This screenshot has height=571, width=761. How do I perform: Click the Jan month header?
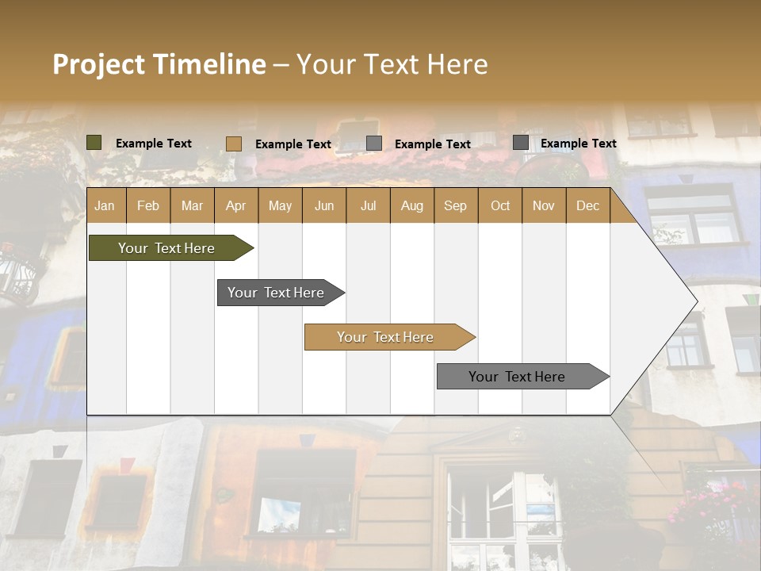(x=105, y=205)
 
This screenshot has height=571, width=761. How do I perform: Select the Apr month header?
(x=236, y=205)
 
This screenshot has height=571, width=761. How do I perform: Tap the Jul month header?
(x=368, y=205)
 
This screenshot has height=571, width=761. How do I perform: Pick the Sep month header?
(x=455, y=205)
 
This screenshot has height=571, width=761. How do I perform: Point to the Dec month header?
(x=587, y=205)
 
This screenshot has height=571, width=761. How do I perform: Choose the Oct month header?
(x=499, y=205)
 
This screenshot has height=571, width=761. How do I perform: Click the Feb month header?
(x=148, y=205)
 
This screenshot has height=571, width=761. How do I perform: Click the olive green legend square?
(x=94, y=143)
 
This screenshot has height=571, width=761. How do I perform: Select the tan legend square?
(x=234, y=144)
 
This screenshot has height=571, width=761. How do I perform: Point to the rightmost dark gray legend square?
(x=521, y=143)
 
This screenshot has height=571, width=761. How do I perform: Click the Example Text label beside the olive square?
(x=154, y=144)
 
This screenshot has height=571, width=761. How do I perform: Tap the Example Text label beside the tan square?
(x=293, y=144)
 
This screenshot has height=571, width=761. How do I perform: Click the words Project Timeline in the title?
(x=159, y=64)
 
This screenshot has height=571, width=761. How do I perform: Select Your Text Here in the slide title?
(x=392, y=64)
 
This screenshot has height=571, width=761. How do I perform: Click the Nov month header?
(x=544, y=205)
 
